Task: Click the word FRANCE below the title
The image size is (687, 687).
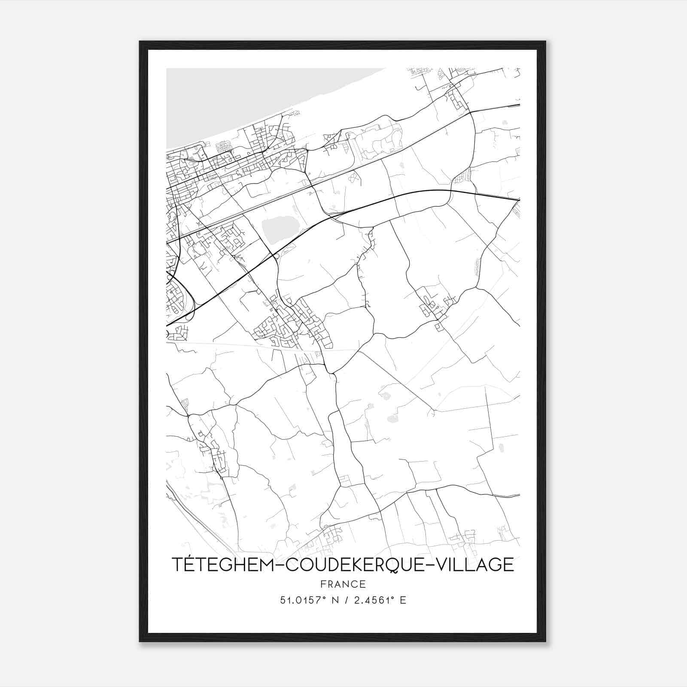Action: [343, 584]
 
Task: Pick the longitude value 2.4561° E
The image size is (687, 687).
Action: [377, 600]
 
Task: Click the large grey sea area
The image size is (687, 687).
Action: [240, 99]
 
